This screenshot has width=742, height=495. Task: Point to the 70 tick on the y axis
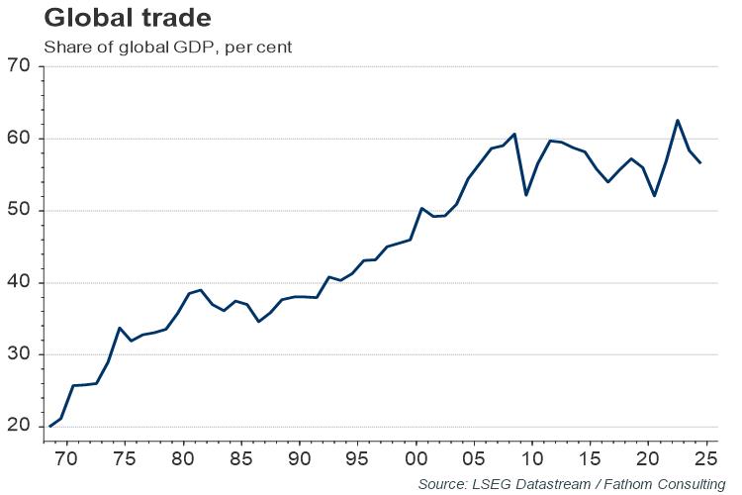coord(20,67)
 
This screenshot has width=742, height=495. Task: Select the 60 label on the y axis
coord(20,139)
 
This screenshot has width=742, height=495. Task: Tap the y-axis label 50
coord(20,211)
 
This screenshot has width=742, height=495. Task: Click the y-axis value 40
coord(20,283)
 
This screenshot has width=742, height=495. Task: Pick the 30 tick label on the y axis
coord(20,355)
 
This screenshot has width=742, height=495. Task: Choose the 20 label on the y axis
coord(20,428)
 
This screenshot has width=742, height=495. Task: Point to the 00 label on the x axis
coord(415,459)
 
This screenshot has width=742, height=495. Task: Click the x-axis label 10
coord(532,459)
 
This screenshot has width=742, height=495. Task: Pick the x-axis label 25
coord(706,459)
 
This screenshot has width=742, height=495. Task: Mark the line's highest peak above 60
coord(678,121)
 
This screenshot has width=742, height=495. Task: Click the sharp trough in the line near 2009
coord(526,194)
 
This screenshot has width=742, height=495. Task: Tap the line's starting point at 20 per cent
coord(50,427)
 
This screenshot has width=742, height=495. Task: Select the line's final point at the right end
coord(700,162)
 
